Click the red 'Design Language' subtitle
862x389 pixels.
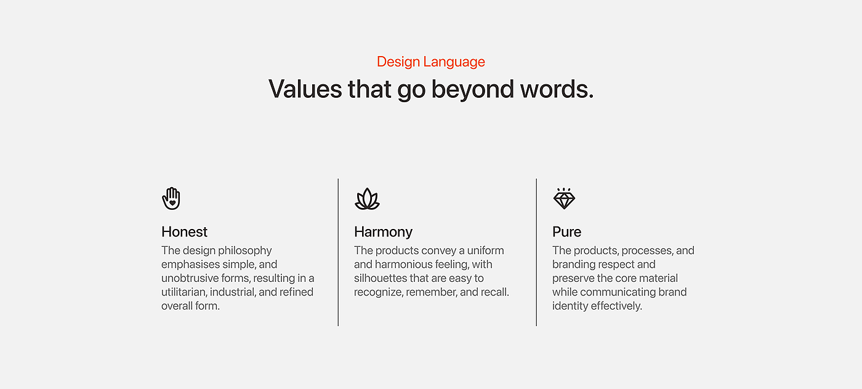coord(430,62)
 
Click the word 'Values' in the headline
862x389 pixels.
coord(305,89)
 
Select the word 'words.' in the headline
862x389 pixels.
coord(557,89)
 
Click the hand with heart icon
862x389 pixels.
coord(171,199)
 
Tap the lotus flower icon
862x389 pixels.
coord(367,199)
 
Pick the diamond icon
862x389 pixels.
coord(564,199)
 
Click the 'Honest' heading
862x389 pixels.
coord(184,231)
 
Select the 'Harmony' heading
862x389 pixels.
coord(383,232)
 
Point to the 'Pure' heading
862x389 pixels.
coord(567,231)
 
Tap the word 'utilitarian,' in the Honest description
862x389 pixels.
coord(183,292)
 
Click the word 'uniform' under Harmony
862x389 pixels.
coord(485,251)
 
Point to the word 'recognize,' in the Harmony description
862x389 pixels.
coord(379,292)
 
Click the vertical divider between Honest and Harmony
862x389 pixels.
coord(338,252)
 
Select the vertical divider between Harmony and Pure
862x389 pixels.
coord(536,252)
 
